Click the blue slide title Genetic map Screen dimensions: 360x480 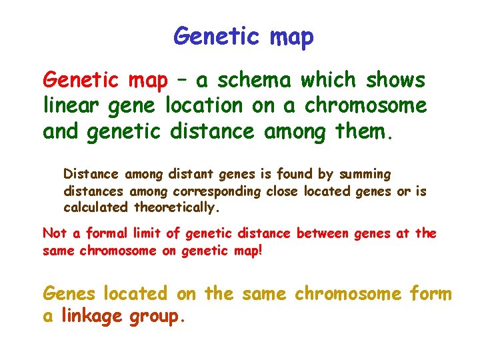243,36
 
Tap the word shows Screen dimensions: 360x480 395,81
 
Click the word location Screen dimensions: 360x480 204,105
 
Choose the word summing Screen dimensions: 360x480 365,175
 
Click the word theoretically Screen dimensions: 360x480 177,207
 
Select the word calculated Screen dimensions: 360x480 97,207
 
